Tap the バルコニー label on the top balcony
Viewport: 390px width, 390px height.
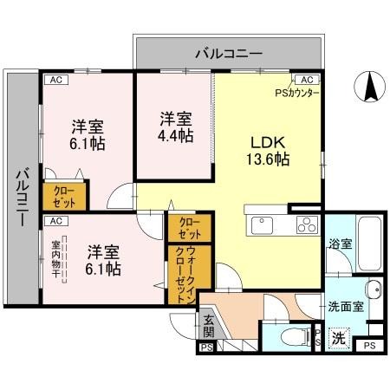[x=228, y=54]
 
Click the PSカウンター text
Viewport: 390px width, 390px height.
[x=297, y=92]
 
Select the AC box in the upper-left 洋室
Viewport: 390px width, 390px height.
[x=55, y=79]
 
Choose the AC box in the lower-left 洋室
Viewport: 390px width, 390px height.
[x=55, y=220]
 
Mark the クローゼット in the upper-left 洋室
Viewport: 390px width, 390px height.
[x=63, y=197]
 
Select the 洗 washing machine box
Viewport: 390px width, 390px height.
[x=341, y=338]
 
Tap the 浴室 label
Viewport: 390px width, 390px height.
[x=340, y=244]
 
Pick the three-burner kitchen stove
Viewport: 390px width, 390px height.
[x=307, y=225]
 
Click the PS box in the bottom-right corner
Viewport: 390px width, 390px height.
[x=370, y=347]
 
